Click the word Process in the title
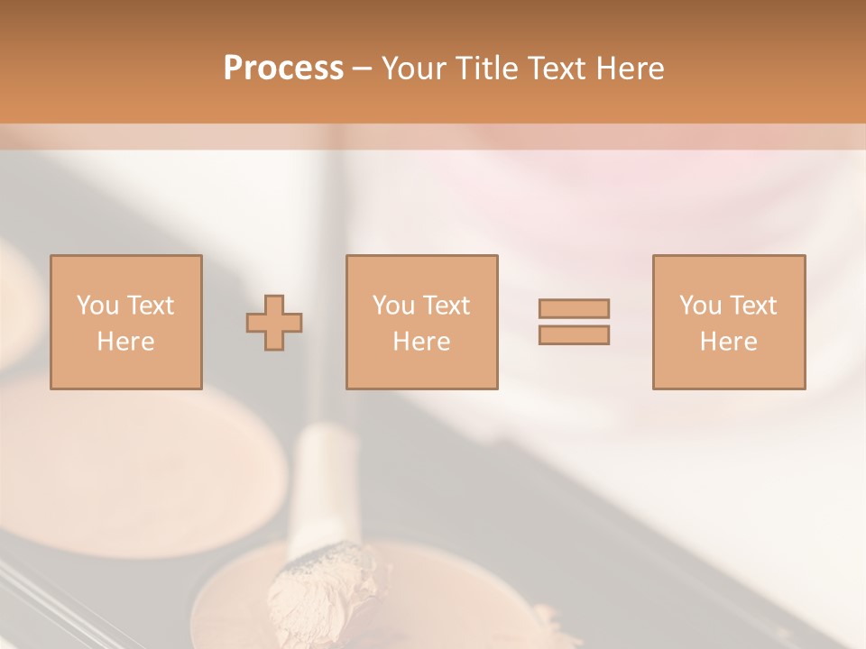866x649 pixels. click(x=283, y=69)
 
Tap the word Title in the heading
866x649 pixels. click(x=487, y=69)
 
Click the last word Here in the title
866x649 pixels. click(x=631, y=69)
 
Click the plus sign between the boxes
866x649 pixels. click(x=274, y=323)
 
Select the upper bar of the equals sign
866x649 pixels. click(x=574, y=308)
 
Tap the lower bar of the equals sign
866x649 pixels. click(x=574, y=334)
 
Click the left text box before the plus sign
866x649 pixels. click(x=126, y=322)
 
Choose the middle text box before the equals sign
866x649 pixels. click(x=422, y=322)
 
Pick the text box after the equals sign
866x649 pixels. click(x=729, y=322)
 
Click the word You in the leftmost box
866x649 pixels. click(x=97, y=306)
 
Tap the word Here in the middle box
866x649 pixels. click(x=422, y=341)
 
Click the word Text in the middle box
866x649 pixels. click(x=446, y=306)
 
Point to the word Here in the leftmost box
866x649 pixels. click(x=126, y=341)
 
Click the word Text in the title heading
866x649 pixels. click(x=555, y=69)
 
